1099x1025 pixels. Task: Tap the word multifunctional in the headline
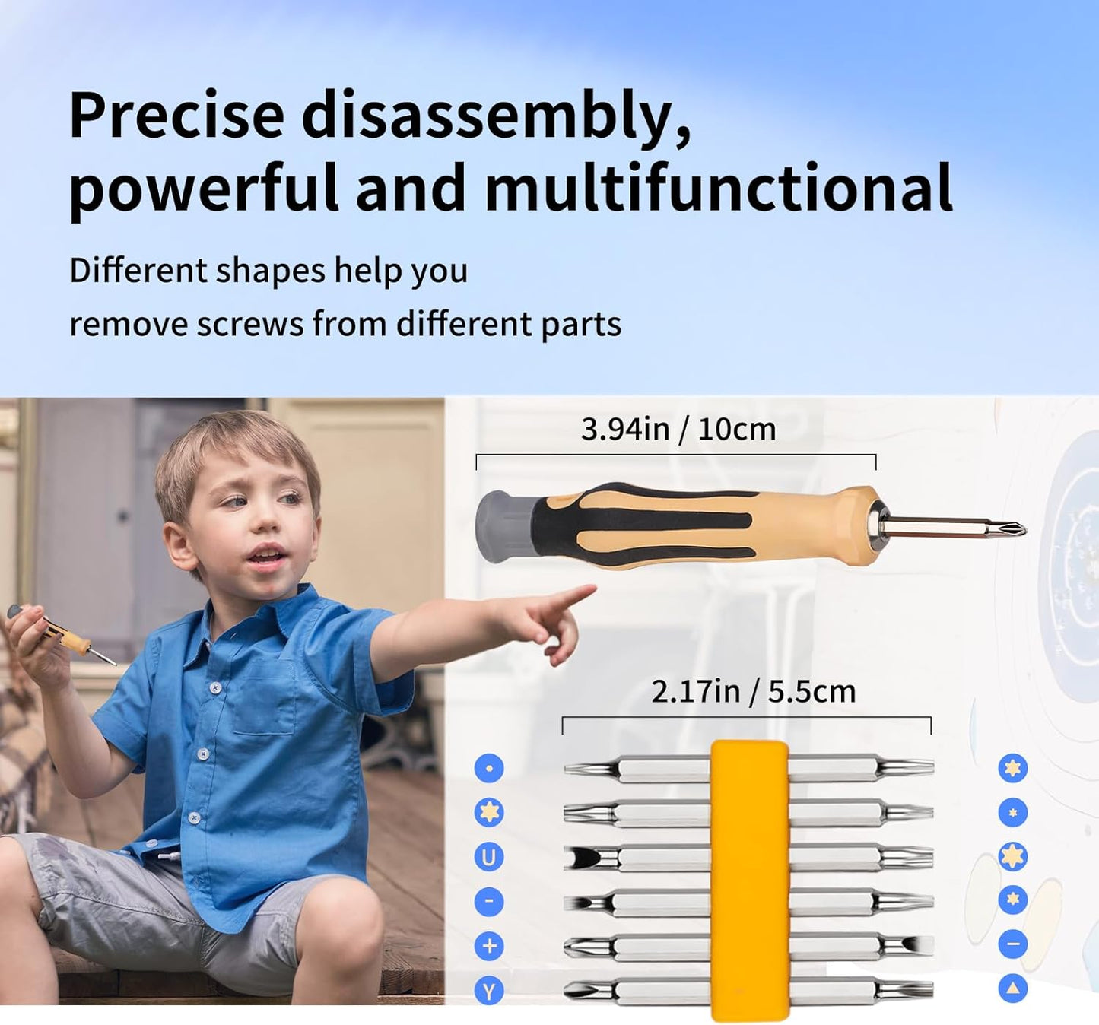[x=718, y=187]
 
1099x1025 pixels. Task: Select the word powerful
[x=204, y=189]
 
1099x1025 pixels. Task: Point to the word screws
[x=250, y=325]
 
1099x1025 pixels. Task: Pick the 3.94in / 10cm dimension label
[x=678, y=430]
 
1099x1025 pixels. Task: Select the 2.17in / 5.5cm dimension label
[x=753, y=691]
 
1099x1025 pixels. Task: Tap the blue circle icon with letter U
[x=489, y=857]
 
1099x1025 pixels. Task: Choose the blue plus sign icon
[x=489, y=946]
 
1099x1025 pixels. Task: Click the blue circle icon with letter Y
[x=489, y=991]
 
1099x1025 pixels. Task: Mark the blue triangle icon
[x=1012, y=989]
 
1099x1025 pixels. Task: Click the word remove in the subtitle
[x=127, y=325]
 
